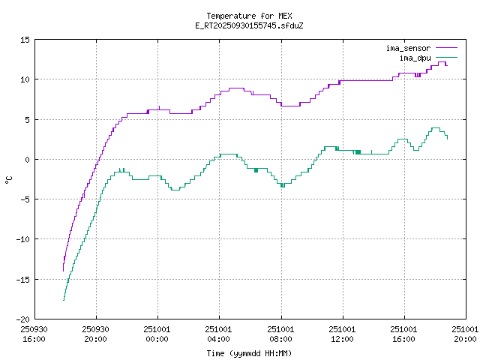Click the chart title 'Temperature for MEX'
point(248,16)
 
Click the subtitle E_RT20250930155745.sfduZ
point(248,25)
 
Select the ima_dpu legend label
point(415,58)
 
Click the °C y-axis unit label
point(9,179)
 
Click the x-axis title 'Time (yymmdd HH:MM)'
point(248,353)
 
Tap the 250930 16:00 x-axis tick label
point(34,334)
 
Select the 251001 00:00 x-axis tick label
point(157,334)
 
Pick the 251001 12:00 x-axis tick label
point(343,334)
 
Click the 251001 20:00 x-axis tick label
point(466,334)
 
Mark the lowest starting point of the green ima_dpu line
point(64,300)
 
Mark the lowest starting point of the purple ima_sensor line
point(64,271)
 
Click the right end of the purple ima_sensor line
point(447,65)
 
